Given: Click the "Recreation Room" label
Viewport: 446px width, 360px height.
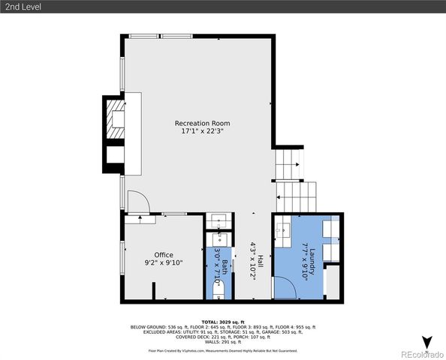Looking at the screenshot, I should tap(202, 123).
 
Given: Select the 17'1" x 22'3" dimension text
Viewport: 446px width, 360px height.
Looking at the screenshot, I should tap(202, 131).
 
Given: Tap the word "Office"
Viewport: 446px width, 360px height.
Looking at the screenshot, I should tap(163, 255).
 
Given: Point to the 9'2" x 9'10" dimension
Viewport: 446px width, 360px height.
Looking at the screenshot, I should tap(163, 263).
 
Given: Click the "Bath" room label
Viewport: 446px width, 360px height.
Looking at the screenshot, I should tap(225, 265).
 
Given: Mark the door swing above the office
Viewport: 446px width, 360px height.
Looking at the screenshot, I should tap(138, 202).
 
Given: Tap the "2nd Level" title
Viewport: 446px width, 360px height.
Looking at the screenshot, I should tap(23, 7).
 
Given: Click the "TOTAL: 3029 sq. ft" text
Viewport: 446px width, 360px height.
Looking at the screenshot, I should tap(223, 321).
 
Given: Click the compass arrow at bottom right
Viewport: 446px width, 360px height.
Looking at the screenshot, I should tap(427, 343).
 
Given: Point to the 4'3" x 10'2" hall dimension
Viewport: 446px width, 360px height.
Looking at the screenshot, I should tap(253, 260).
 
